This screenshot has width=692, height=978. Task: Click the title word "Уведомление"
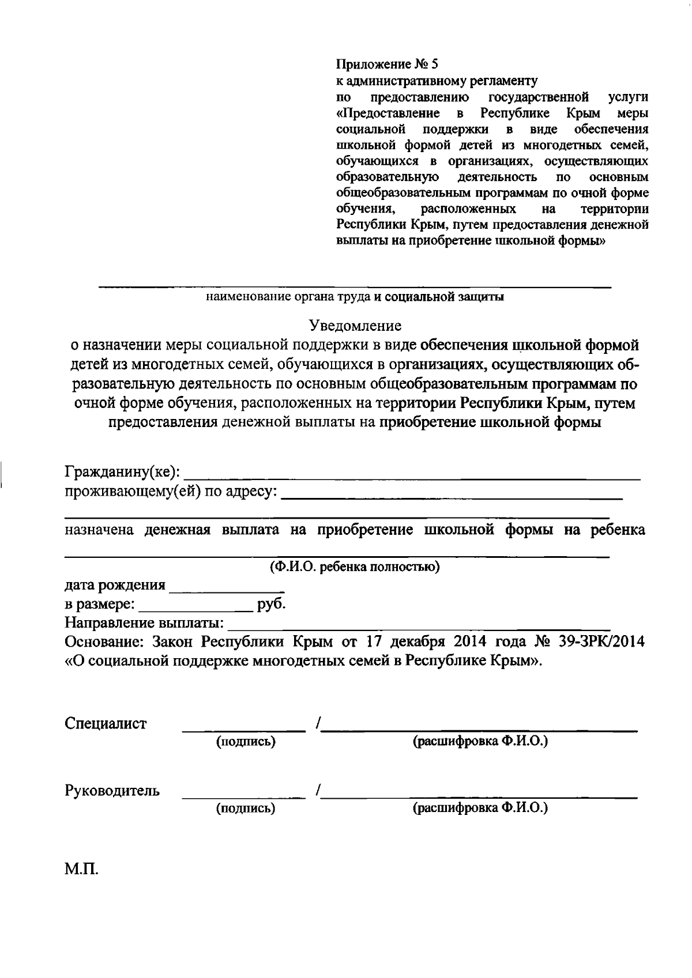[355, 326]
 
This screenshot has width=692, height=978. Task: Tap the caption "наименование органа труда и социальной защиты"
[355, 297]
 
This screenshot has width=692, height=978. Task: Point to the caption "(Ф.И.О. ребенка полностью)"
[355, 567]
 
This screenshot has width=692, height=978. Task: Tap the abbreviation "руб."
[272, 605]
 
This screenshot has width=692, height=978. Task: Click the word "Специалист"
[106, 724]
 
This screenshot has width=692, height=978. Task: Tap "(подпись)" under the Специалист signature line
[246, 742]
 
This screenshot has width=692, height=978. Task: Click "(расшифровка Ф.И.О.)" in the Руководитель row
[480, 808]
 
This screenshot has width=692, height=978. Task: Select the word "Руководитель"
[112, 791]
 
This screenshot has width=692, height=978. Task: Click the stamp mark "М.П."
[81, 869]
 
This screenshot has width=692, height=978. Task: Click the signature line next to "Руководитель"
[244, 796]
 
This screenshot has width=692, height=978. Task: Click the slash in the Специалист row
[318, 724]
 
